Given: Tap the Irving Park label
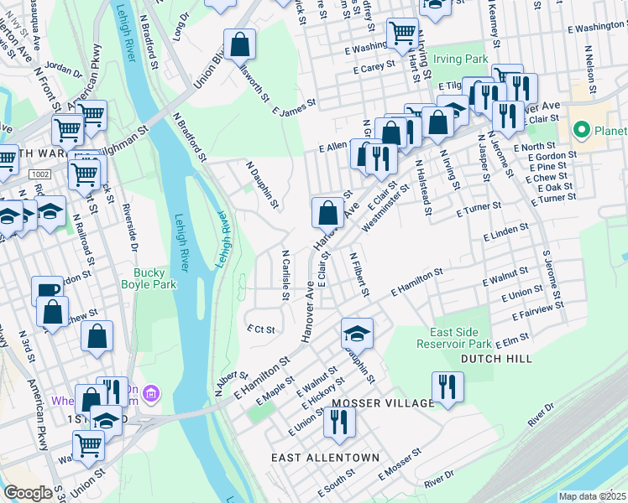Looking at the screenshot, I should click(461, 60).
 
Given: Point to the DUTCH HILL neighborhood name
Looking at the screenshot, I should click(496, 358).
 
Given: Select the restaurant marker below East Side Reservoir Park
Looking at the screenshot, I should click(447, 386).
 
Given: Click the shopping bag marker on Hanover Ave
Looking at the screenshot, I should click(327, 211).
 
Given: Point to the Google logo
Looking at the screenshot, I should click(28, 493).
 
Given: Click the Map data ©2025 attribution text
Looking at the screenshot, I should click(592, 496).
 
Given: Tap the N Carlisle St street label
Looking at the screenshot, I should click(285, 270).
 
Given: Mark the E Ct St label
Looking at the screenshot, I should click(260, 329).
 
